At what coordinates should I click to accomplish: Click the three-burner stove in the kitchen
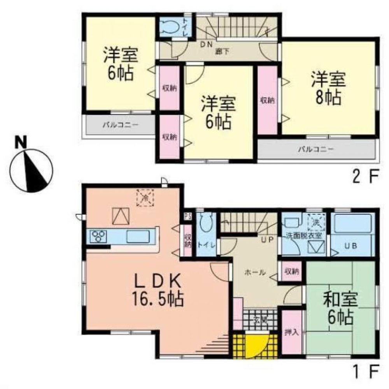(x=99, y=236)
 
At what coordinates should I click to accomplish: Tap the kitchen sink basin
(x=136, y=236)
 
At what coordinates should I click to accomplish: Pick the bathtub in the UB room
(x=352, y=224)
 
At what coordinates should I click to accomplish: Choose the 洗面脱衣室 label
(x=304, y=235)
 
